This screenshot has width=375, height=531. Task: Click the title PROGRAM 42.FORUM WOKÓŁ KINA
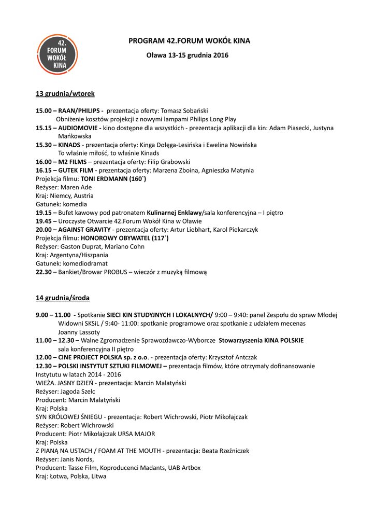point(189,40)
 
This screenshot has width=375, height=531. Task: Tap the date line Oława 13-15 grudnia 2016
point(187,55)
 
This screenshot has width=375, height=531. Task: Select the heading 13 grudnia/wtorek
point(65,94)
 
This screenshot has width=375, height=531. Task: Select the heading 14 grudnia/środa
point(62,298)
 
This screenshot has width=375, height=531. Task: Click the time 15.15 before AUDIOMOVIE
point(43,128)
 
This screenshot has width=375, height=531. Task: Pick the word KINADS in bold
point(69,145)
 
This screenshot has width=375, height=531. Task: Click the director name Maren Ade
point(76,187)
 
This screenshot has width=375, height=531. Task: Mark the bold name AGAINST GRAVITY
point(84,229)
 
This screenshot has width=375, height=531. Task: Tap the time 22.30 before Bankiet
point(44,272)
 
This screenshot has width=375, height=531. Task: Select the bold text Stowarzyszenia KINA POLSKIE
point(261,340)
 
